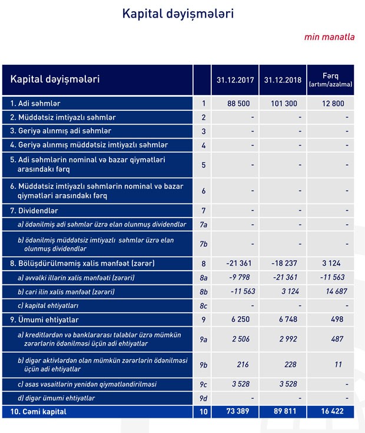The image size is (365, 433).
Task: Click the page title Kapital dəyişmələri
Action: pos(177,14)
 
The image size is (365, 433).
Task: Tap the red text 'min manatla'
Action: pos(329,37)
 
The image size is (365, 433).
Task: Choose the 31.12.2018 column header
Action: pos(284,80)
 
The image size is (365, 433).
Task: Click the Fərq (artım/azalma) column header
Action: pos(330,80)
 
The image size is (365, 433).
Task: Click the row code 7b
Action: pos(203,244)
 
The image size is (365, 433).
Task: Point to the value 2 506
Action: pos(242,339)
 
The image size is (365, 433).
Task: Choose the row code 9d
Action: pos(203,398)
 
